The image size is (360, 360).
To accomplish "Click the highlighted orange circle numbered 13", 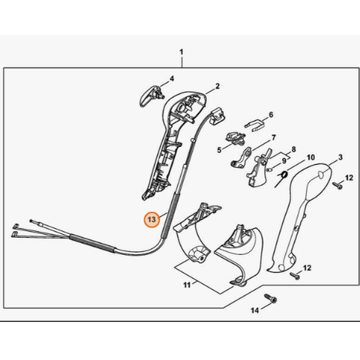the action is [151, 220].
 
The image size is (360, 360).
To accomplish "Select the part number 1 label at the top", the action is [181, 52].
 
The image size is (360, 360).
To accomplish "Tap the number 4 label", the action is [172, 79].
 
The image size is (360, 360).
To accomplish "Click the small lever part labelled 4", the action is [151, 96].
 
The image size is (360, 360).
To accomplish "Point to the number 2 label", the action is [217, 86].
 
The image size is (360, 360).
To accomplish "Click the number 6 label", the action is [271, 115].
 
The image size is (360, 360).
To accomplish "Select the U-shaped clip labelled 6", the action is [253, 126].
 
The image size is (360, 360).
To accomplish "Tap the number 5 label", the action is [219, 150].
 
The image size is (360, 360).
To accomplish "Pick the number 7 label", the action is [274, 137].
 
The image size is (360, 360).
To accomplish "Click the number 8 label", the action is [294, 149].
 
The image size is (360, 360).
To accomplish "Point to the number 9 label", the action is [284, 161].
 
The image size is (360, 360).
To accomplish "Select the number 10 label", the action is [310, 157].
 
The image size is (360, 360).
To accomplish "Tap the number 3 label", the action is [340, 157].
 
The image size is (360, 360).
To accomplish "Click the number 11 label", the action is [187, 285].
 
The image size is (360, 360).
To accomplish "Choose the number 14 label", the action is [255, 310].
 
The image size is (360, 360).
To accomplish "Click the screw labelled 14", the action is [271, 298].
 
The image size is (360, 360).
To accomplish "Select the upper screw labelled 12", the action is [337, 185].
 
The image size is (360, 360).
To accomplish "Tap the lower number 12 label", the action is [307, 268].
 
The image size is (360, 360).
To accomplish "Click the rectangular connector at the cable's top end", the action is [217, 115].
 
